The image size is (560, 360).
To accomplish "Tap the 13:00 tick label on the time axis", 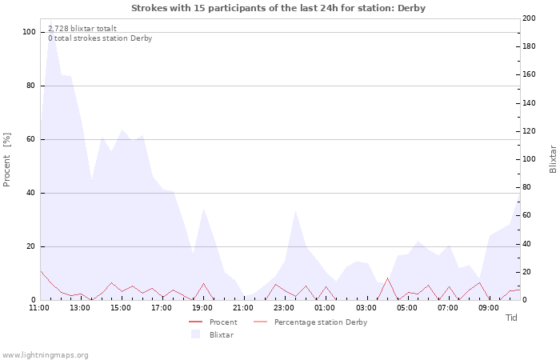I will [80, 307].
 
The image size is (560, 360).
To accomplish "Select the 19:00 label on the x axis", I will [202, 307].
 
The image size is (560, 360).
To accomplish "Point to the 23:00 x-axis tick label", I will [284, 307].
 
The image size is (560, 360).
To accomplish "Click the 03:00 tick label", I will [366, 307].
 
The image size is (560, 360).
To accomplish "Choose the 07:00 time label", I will [448, 307].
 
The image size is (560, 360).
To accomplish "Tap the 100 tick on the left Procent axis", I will [30, 32].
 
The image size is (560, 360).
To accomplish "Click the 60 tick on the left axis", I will [31, 139].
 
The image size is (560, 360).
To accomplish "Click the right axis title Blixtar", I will [552, 159].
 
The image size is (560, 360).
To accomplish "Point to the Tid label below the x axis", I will [511, 318].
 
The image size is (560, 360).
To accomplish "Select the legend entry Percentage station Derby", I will [320, 322].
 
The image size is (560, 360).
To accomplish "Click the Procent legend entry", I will [222, 322].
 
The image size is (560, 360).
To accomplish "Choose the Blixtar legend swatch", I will [195, 334].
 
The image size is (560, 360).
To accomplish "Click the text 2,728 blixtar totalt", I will [82, 29].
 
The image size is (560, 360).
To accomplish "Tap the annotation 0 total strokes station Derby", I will [99, 38].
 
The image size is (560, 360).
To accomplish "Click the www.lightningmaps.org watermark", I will [45, 354].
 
